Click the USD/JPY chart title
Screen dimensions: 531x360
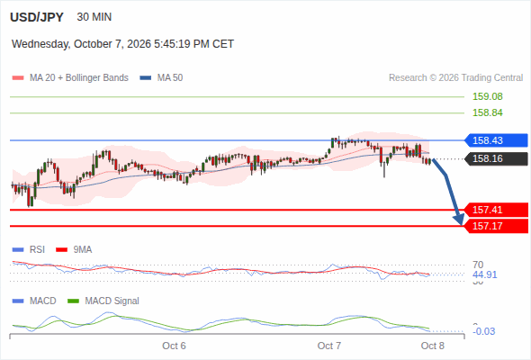click(37, 17)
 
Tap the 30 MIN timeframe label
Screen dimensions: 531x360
click(94, 17)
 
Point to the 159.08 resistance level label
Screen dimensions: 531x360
click(488, 96)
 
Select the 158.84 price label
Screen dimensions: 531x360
click(488, 112)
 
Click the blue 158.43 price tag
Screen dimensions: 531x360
click(496, 140)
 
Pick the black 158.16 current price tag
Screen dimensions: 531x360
click(496, 158)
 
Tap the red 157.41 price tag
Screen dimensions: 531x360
click(496, 210)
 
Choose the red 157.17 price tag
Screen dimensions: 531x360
click(496, 226)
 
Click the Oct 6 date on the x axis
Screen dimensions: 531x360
click(174, 346)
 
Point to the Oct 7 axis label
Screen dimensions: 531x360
click(329, 346)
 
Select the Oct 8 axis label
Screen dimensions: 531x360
click(433, 346)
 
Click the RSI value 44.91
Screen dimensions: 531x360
click(485, 274)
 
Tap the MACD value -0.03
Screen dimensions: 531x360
click(484, 331)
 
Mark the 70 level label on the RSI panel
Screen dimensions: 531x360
click(478, 265)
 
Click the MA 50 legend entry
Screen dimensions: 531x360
click(161, 78)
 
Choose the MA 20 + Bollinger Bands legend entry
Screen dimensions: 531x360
click(70, 78)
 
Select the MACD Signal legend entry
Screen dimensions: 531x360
click(103, 301)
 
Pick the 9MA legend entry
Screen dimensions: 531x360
click(74, 249)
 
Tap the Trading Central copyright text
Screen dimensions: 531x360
click(455, 78)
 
